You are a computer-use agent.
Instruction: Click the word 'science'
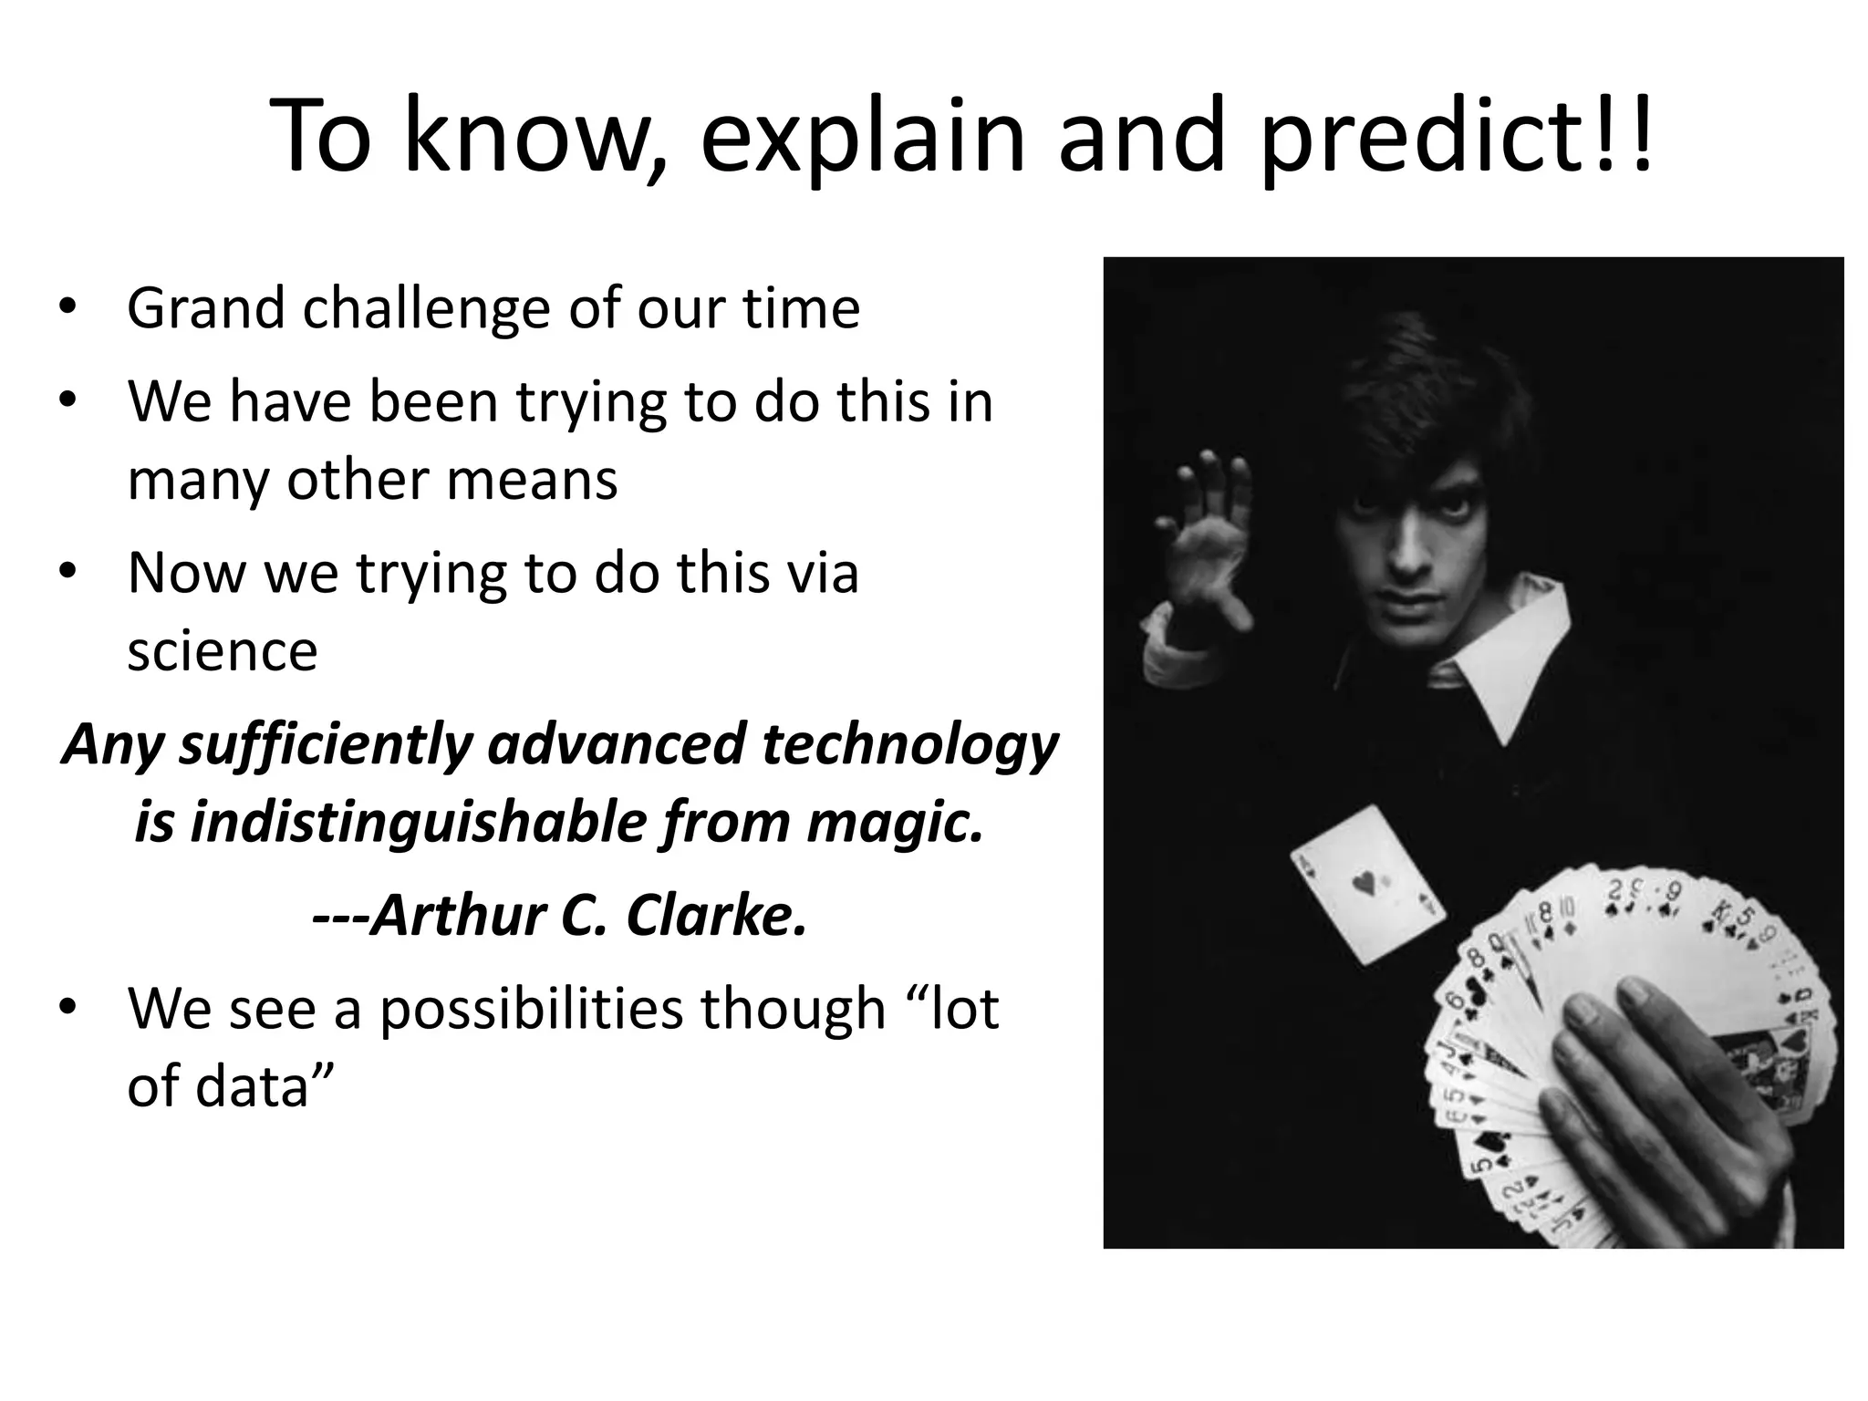[x=223, y=651]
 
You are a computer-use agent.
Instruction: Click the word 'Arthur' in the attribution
[x=458, y=915]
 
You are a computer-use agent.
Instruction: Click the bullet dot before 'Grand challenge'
[x=66, y=308]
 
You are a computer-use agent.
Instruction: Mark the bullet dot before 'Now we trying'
[x=66, y=573]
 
